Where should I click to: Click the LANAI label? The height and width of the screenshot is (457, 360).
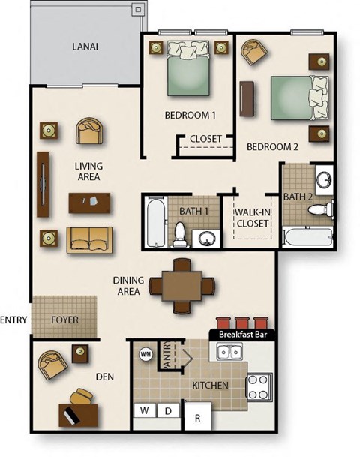pos(85,47)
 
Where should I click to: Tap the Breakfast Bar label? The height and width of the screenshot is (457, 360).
pos(242,334)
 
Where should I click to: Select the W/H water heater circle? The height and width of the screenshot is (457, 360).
pos(145,355)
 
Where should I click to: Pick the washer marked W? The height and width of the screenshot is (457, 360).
pos(143,411)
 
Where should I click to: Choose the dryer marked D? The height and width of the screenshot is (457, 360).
pos(169,411)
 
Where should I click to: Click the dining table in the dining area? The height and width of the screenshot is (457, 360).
pos(182,285)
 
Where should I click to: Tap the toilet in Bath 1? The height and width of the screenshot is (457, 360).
pos(181,233)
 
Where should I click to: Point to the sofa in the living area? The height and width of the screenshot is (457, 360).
pos(89,239)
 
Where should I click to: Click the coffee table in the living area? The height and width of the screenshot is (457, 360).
pos(89,203)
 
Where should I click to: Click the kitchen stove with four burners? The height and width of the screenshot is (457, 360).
pos(259,386)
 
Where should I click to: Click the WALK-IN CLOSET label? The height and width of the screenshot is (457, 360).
pos(254,218)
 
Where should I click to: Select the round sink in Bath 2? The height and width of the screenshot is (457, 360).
pos(324,179)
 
